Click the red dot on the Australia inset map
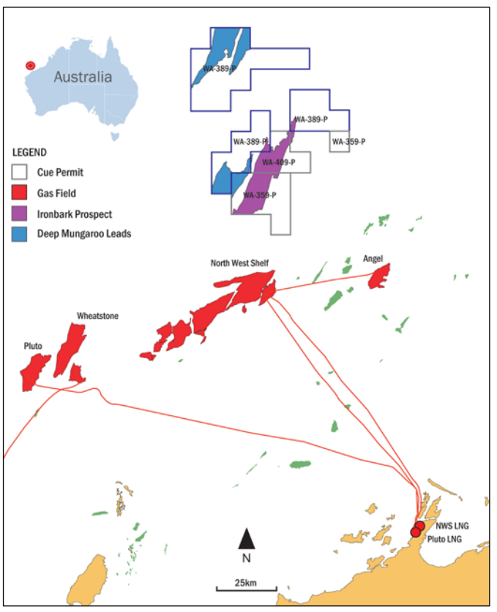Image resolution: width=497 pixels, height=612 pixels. point(30,65)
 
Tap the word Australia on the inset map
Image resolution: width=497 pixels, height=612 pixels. point(82,77)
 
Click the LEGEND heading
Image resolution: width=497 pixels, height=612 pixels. point(30,153)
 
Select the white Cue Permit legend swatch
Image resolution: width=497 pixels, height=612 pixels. point(23,173)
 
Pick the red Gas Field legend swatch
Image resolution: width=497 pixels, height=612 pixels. point(23,193)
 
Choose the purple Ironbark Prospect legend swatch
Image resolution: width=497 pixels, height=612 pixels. point(23,214)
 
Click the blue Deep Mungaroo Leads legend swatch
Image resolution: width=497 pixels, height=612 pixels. point(23,234)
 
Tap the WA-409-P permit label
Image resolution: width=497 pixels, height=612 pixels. point(278,162)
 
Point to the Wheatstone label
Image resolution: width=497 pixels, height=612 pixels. point(97,316)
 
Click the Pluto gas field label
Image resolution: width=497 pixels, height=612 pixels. point(32,345)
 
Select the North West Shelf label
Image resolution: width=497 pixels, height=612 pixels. point(239,263)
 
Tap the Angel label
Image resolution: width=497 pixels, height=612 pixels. point(373,258)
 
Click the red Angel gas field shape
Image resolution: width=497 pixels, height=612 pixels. point(379,276)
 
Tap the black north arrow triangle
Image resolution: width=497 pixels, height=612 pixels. point(247,540)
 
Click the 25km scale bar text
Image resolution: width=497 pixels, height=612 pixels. point(245,582)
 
